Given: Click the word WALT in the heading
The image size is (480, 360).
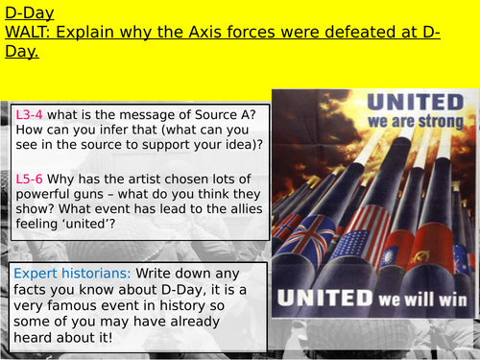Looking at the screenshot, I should [x=30, y=33].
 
